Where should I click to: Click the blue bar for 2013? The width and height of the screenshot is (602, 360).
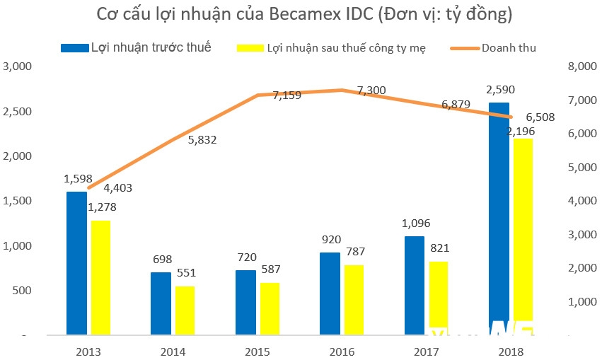pyautogui.click(x=76, y=262)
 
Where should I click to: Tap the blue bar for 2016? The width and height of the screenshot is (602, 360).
pyautogui.click(x=330, y=293)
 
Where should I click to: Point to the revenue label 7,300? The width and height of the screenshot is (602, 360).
pyautogui.click(x=371, y=90)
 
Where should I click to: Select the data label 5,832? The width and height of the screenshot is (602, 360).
pyautogui.click(x=202, y=140)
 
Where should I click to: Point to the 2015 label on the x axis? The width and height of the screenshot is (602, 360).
pyautogui.click(x=257, y=352)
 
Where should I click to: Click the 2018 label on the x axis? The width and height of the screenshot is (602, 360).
pyautogui.click(x=511, y=352)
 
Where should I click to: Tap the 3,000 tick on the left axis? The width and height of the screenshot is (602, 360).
pyautogui.click(x=18, y=66)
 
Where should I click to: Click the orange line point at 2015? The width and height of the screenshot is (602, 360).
pyautogui.click(x=257, y=95)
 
